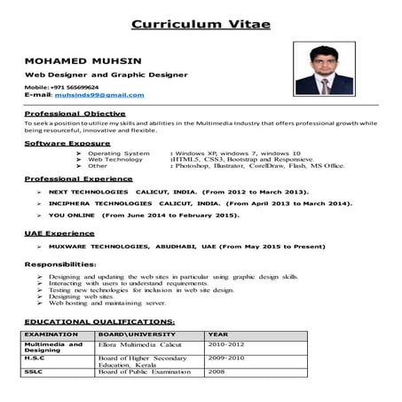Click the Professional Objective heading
(x=75, y=114)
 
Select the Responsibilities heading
(x=60, y=264)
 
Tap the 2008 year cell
(x=217, y=372)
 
